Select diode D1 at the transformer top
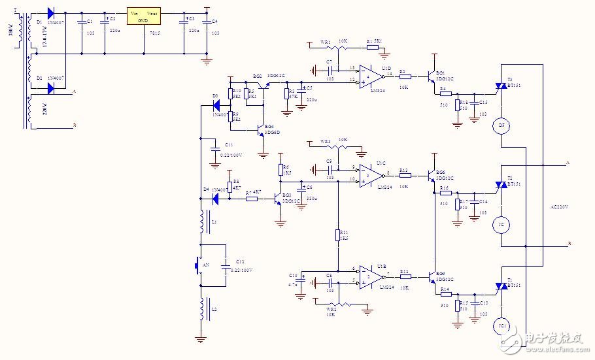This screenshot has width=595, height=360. pyautogui.click(x=51, y=14)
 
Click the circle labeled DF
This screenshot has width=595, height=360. pyautogui.click(x=501, y=125)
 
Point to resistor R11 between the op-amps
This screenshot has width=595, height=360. pyautogui.click(x=338, y=235)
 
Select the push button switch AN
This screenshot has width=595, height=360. pyautogui.click(x=199, y=266)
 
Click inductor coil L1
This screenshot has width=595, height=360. pyautogui.click(x=202, y=221)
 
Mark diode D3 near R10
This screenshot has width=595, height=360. pyautogui.click(x=215, y=105)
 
